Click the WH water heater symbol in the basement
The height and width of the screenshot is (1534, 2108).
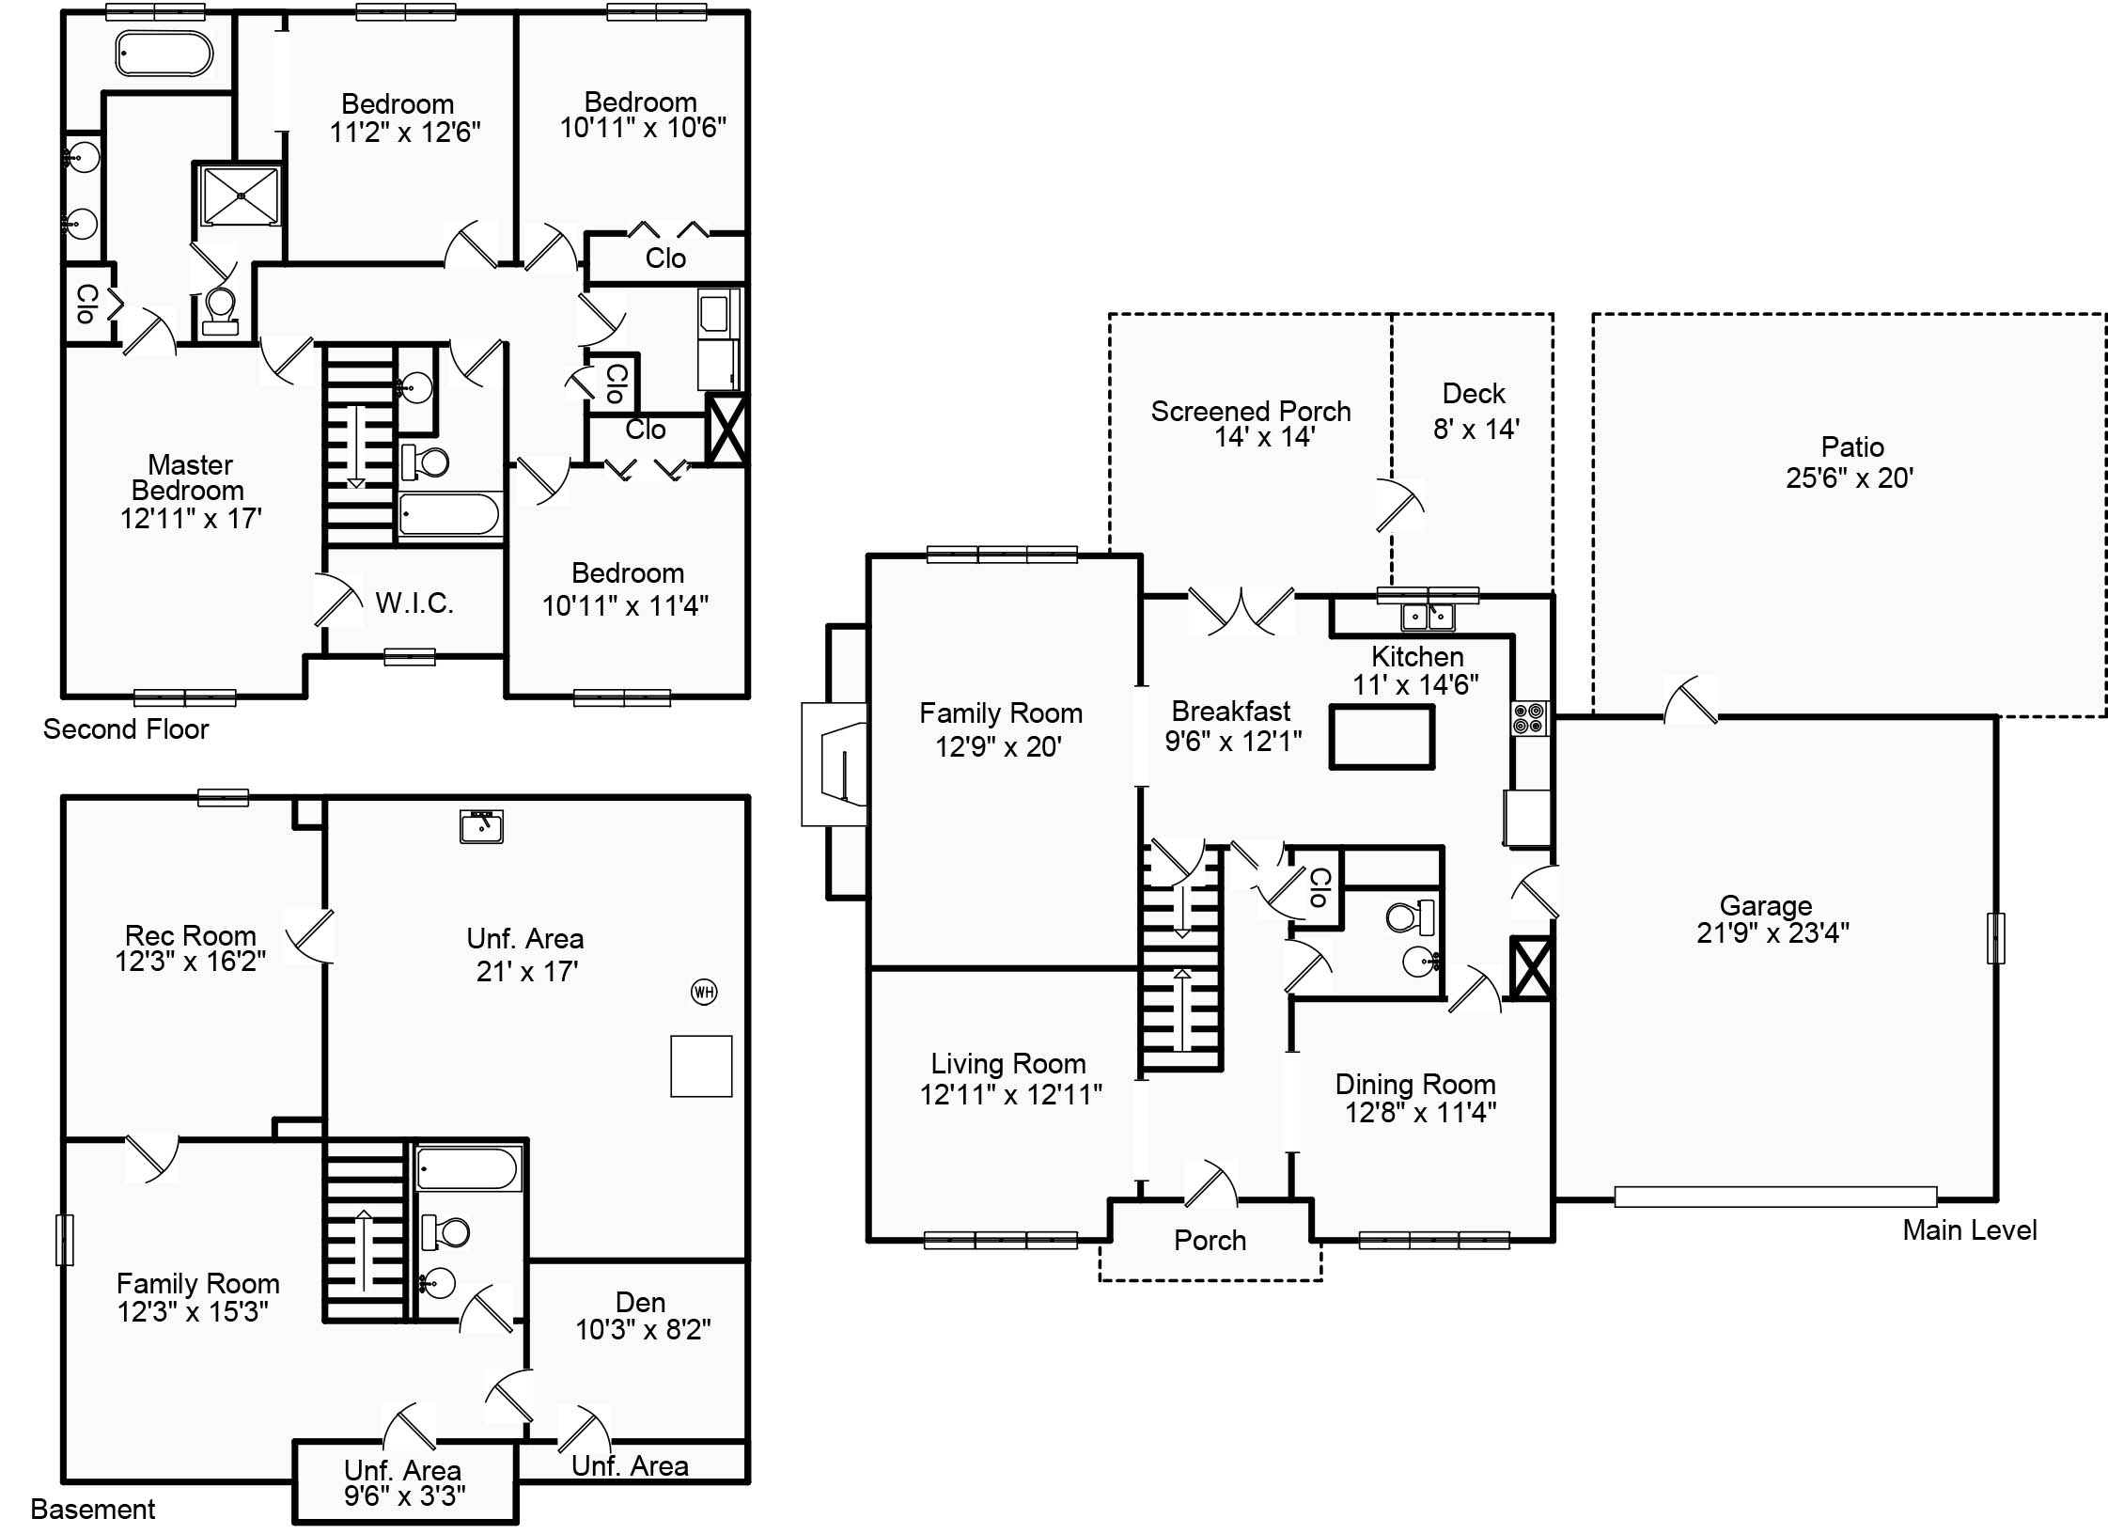(x=704, y=992)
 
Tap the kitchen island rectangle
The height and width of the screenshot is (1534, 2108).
(x=1381, y=738)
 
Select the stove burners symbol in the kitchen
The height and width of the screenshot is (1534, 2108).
(x=1529, y=718)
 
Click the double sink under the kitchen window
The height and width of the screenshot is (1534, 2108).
(x=1428, y=617)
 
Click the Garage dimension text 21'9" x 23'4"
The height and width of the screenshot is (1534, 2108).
(x=1772, y=933)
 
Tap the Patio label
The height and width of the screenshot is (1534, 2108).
(x=1851, y=446)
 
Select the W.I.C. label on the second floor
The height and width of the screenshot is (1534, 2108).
(x=414, y=603)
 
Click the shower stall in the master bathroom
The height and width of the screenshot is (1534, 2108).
(x=241, y=196)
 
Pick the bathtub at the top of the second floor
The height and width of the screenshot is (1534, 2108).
(x=164, y=54)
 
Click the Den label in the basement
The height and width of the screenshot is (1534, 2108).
(x=640, y=1302)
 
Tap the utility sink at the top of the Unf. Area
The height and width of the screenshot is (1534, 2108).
(x=481, y=826)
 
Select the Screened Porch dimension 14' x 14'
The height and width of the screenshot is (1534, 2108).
(x=1264, y=437)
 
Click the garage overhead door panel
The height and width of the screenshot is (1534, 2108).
(x=1775, y=1197)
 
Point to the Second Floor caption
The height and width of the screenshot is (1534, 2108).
(x=126, y=729)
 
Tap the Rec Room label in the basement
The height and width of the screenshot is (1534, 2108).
(x=191, y=935)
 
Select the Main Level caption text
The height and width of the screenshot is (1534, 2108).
(x=1969, y=1230)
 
